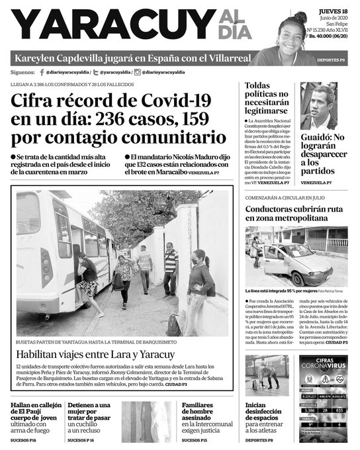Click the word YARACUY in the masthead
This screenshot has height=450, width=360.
point(110,26)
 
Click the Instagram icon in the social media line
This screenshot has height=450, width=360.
point(137,71)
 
